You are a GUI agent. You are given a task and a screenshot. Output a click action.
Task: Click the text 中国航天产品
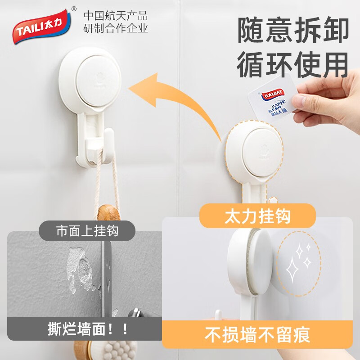click(x=116, y=15)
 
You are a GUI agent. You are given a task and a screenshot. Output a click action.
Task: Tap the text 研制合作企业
click(x=116, y=28)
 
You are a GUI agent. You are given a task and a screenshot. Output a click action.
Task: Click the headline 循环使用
click(x=293, y=64)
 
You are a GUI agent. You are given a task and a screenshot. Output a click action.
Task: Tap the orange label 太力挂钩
click(x=257, y=216)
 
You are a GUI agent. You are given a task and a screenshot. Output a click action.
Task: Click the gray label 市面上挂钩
click(x=87, y=231)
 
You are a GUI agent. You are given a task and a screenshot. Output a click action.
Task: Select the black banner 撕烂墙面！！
click(x=87, y=328)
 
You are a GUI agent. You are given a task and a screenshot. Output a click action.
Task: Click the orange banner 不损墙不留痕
click(x=257, y=334)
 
